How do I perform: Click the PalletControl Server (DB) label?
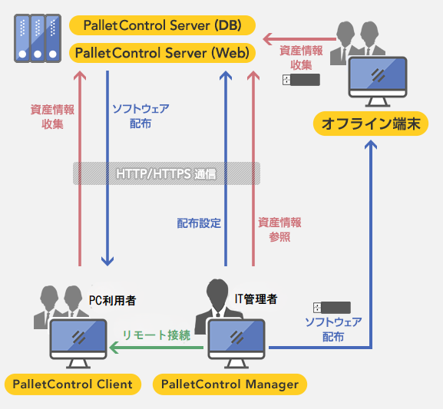(x=163, y=25)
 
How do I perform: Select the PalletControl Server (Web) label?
(x=163, y=53)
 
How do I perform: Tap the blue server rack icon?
(x=38, y=38)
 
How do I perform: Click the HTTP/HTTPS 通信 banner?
(x=167, y=173)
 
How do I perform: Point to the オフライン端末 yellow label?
(x=371, y=124)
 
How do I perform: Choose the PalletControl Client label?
(x=73, y=384)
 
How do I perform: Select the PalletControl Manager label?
(x=230, y=384)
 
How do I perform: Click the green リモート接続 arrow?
(x=156, y=348)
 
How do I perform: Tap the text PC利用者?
(x=112, y=300)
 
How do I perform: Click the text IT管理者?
(x=256, y=299)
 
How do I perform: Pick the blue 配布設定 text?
(x=199, y=223)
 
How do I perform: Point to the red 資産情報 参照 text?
(x=279, y=229)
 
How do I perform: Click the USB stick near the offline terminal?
(x=301, y=80)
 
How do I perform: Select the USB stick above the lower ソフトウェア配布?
(x=332, y=308)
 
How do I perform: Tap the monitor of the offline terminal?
(x=378, y=81)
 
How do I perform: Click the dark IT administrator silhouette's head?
(x=217, y=290)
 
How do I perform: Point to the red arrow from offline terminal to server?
(x=299, y=39)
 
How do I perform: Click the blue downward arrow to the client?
(x=107, y=168)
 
